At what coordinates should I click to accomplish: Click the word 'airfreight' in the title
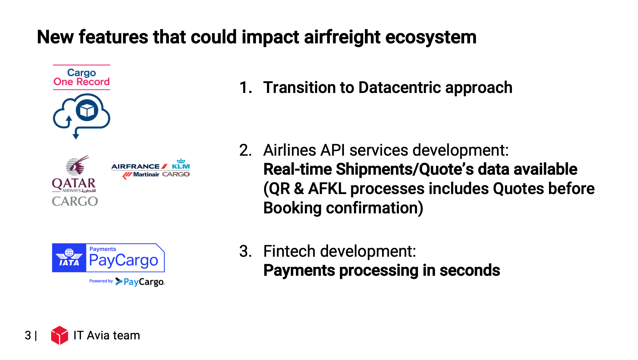coord(342,37)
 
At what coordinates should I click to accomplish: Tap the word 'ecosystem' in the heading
coord(431,38)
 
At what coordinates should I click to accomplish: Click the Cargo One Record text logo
coord(81,77)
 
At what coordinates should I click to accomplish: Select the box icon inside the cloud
coord(87,110)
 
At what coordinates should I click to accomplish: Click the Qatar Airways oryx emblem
coord(77,165)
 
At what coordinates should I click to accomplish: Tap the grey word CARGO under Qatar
coord(75,201)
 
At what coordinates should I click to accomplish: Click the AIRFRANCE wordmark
coord(135,167)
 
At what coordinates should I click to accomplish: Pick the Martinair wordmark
coord(146,174)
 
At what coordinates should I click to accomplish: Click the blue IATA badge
coord(69,258)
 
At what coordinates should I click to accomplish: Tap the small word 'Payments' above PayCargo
coord(103,249)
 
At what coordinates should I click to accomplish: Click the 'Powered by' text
coord(101,281)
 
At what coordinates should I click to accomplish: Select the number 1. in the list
coord(246,88)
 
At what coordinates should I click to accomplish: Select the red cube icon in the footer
coord(60,335)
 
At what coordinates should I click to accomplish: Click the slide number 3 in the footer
coord(28,336)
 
